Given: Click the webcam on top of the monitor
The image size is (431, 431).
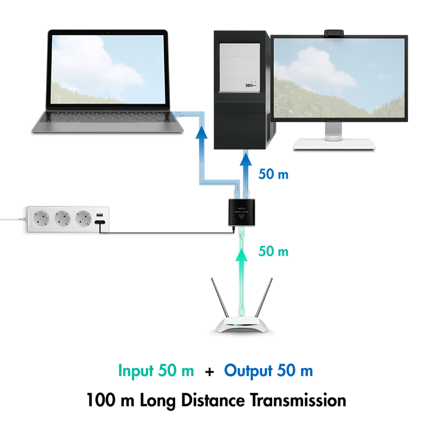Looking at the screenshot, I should pos(336,33).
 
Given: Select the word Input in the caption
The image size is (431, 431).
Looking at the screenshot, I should pos(136,371).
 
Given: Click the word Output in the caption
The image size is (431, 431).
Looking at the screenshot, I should pos(248,371).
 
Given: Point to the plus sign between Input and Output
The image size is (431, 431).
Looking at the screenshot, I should pos(209,372).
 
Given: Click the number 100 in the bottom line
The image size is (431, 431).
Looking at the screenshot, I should pos(100,401).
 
